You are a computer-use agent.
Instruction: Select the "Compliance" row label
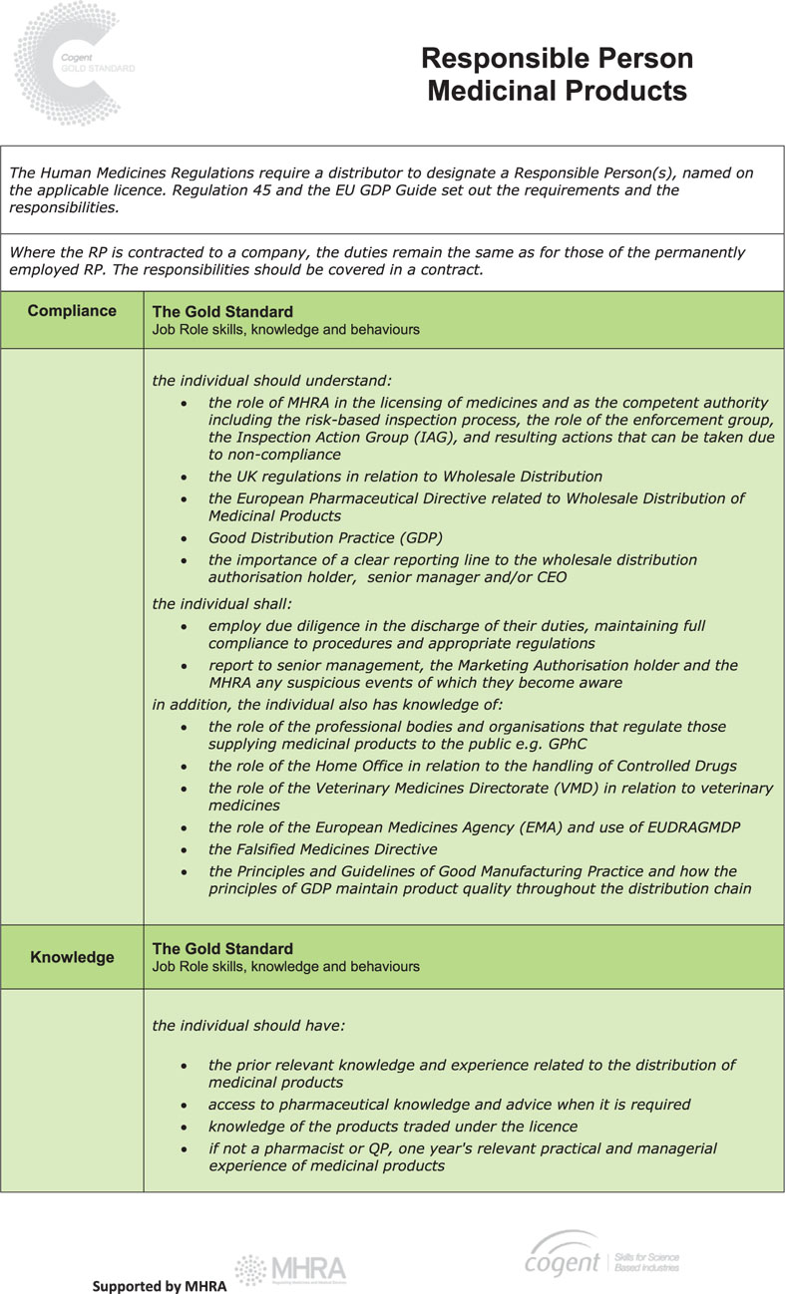coord(72,311)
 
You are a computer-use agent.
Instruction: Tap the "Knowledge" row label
coord(72,957)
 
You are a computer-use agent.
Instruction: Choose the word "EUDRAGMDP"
coord(682,827)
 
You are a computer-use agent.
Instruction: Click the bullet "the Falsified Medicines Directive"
coord(322,849)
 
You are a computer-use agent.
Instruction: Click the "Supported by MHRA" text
coord(160,1286)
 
